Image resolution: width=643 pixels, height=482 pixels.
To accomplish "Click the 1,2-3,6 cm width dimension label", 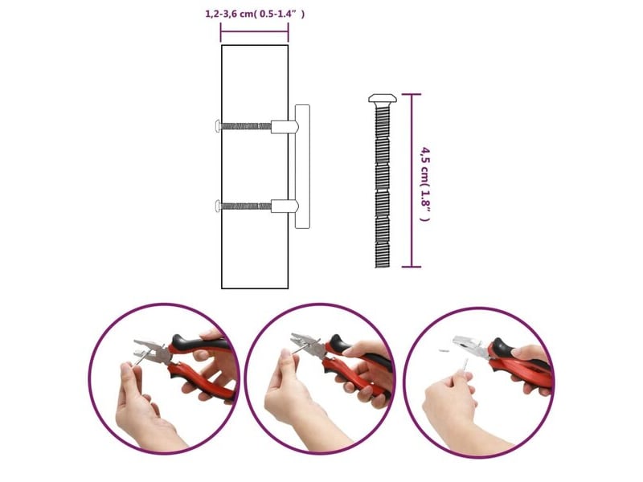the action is pos(255,14).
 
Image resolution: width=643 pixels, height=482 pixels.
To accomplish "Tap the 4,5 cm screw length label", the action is pos(426,185).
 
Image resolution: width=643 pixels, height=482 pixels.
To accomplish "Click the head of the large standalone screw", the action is pos(383,98).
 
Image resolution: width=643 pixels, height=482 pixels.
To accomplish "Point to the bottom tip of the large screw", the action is pos(383,268).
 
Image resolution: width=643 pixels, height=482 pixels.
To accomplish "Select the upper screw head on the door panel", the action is pos(217,126).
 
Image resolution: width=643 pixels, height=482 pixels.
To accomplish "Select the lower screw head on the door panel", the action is pos(217,206).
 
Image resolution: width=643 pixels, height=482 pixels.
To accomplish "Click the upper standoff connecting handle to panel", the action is pos(285,127).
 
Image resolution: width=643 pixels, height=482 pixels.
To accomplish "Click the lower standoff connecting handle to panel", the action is pos(285,206).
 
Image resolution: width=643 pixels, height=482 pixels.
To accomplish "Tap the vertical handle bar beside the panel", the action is pos(302,166).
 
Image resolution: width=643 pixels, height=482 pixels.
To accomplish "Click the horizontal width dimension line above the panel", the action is pos(254,32).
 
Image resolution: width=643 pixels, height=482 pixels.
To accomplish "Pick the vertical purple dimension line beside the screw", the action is pos(412,180).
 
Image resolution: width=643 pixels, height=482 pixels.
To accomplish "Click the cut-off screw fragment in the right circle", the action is pos(444,350).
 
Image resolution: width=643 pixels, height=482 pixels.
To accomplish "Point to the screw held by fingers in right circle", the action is pos(465,366).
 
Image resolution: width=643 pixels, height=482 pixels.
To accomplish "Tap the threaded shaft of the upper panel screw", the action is pos(246,126).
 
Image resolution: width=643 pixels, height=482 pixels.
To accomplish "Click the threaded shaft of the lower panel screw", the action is pos(246,206).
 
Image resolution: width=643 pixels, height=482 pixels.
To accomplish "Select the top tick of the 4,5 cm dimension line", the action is pos(412,94).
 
